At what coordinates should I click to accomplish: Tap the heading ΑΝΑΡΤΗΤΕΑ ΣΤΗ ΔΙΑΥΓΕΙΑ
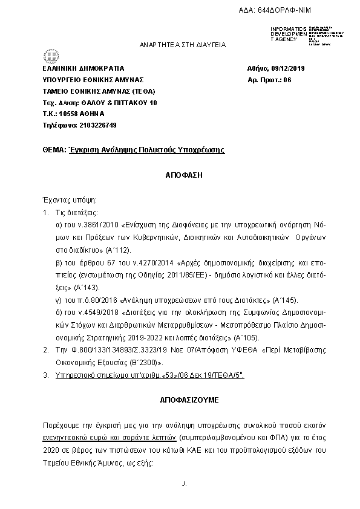tap(183, 44)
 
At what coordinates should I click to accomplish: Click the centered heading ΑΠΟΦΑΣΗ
tap(183, 173)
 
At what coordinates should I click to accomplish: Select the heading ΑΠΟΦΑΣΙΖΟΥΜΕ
tap(183, 400)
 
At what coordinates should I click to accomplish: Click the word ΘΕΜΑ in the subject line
tap(53, 149)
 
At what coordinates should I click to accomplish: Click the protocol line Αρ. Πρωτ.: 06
tap(270, 80)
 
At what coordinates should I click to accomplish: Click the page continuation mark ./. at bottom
tap(184, 485)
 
